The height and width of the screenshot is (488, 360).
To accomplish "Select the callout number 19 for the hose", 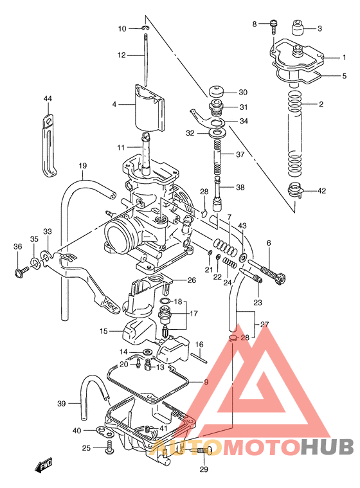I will [x=83, y=167].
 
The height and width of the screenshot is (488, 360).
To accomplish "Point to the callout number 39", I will [x=61, y=403].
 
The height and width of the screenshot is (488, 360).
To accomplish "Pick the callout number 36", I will [x=17, y=246].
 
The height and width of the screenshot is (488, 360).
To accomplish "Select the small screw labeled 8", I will [x=273, y=26].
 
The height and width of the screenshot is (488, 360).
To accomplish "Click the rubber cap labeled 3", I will [x=296, y=29].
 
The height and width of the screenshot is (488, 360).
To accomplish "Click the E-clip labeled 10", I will [x=146, y=28].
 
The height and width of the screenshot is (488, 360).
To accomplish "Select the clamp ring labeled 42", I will [x=296, y=190].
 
